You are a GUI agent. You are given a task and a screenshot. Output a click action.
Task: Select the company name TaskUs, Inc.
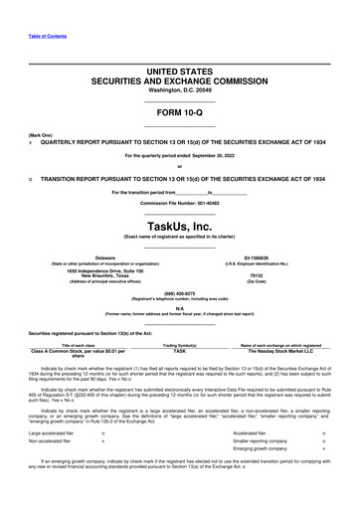[179, 226]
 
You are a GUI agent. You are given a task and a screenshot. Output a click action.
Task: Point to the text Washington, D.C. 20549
[179, 91]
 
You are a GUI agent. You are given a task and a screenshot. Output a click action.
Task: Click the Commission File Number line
[179, 202]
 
